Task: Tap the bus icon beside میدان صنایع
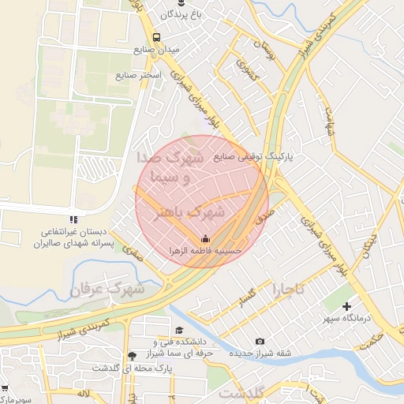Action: coord(156,37)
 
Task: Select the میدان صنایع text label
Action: coord(156,50)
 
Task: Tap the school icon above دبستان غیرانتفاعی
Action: coord(73,219)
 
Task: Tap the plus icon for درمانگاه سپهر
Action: coord(346,305)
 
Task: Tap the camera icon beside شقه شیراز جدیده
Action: coord(260,341)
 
